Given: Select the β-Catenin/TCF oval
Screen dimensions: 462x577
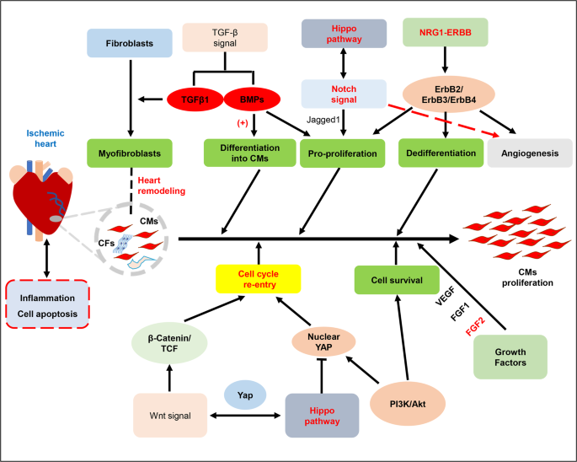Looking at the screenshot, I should (170, 346).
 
